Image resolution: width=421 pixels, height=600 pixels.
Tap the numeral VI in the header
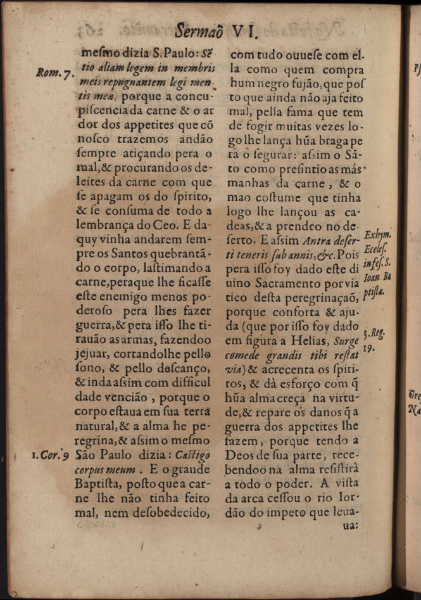(x=243, y=29)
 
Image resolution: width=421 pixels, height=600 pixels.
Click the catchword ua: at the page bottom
(x=349, y=525)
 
